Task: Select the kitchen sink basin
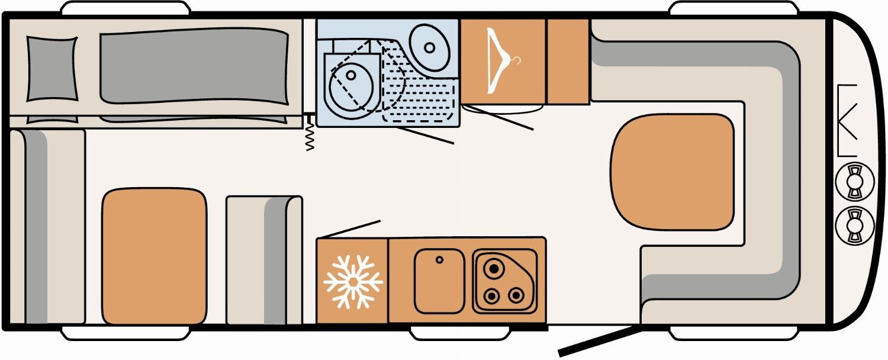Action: pyautogui.click(x=439, y=280)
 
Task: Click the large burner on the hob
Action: pyautogui.click(x=492, y=269)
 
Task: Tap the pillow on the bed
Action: pyautogui.click(x=52, y=68)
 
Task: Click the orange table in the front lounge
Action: pyautogui.click(x=671, y=172)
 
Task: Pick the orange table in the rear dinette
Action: pyautogui.click(x=155, y=256)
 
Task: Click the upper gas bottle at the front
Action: pyautogui.click(x=854, y=182)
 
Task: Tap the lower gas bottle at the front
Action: pyautogui.click(x=854, y=225)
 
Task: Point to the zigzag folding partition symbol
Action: pyautogui.click(x=310, y=135)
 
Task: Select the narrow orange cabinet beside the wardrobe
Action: pyautogui.click(x=567, y=61)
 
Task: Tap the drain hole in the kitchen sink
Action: pyautogui.click(x=439, y=259)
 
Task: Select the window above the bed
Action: pyautogui.click(x=126, y=7)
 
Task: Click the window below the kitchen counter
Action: pyautogui.click(x=459, y=333)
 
